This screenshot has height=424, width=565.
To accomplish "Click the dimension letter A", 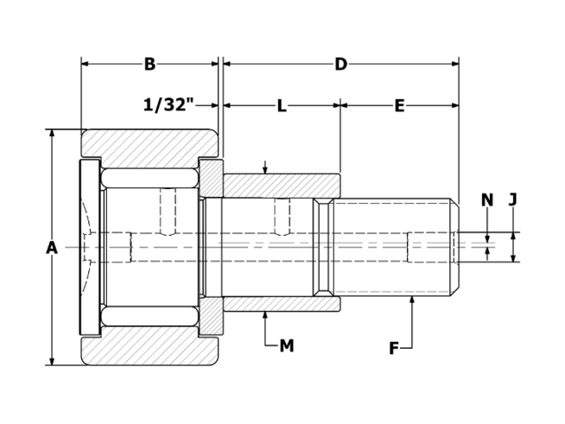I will (52, 248).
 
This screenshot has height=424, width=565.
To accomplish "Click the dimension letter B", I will (149, 64).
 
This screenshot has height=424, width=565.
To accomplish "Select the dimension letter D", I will (341, 64).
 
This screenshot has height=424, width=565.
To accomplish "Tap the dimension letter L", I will (282, 106).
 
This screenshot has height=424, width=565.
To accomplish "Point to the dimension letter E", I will (399, 106).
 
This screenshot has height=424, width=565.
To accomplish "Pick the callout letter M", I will (286, 345).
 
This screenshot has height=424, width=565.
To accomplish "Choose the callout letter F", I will (394, 348).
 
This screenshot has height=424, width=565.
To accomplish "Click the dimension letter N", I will (486, 201).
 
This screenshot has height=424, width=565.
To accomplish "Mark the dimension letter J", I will (513, 201).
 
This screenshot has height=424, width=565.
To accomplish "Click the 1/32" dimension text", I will (168, 105).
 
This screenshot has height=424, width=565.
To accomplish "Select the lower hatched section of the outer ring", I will (150, 350).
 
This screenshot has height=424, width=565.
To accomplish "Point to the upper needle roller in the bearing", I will (149, 177).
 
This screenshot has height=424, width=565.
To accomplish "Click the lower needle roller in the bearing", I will (149, 316).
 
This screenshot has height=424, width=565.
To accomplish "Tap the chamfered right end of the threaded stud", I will (456, 247).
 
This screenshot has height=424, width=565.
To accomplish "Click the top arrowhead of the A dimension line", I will (52, 134).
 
